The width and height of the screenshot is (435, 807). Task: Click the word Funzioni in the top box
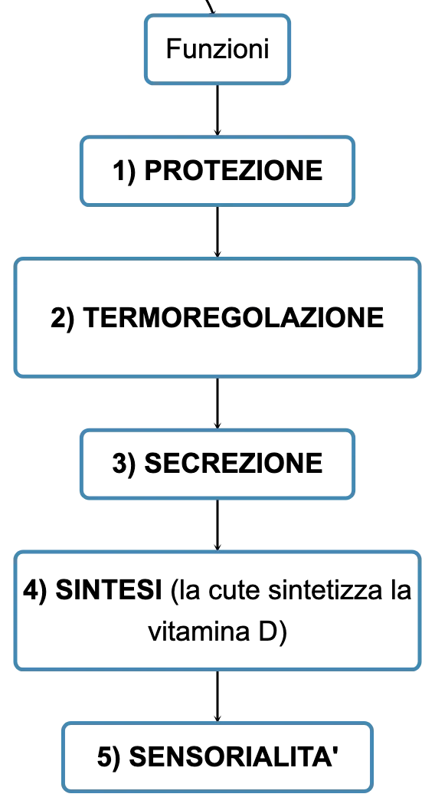217,49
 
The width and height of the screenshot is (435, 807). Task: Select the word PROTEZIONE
234,170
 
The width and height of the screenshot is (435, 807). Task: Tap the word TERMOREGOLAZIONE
233,317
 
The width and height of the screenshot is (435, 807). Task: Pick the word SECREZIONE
234,463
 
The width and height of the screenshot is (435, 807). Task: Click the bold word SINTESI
109,590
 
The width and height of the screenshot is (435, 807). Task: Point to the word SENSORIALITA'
234,756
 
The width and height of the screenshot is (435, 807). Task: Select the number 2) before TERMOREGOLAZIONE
63,317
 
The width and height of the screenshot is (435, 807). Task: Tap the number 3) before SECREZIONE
124,464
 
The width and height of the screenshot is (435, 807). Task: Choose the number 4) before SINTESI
35,590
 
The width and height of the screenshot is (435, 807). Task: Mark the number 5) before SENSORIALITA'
109,757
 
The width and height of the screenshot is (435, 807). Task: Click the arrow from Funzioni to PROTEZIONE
217,110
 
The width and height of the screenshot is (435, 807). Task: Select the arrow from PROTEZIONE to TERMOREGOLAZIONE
217,231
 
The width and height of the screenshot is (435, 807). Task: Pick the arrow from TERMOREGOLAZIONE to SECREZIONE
217,403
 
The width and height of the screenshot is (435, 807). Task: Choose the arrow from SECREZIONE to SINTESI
217,524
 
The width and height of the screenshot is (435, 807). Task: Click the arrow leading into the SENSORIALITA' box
217,696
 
